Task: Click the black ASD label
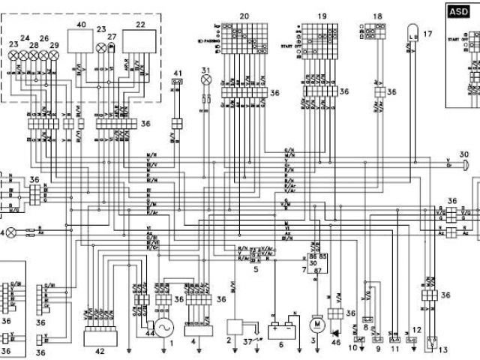coord(455,11)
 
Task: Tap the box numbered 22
coord(139,40)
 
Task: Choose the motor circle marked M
coord(316,324)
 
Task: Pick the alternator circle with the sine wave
coord(163,327)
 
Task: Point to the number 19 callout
coord(322,16)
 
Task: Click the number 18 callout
coord(376,16)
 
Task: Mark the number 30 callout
coord(464,154)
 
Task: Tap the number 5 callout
coord(256,268)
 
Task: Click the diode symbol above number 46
coord(335,331)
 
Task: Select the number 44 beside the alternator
coord(150,331)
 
